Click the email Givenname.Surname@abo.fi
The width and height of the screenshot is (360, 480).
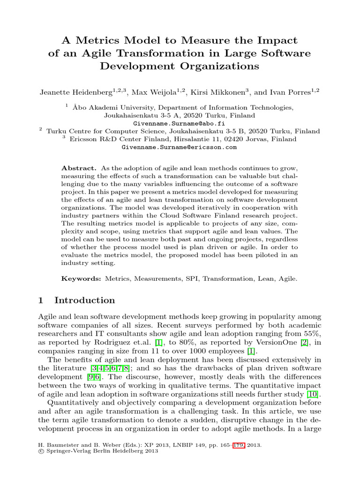tap(179, 123)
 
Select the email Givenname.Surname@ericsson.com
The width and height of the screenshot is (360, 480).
tap(179, 147)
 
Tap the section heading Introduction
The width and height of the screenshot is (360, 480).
tap(84, 300)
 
